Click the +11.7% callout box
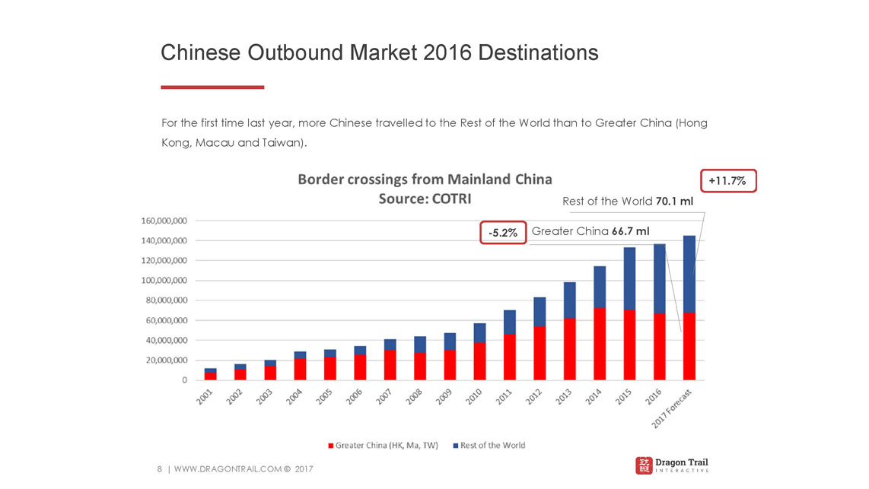coord(728,181)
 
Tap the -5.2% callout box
coord(503,233)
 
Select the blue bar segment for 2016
coord(660,278)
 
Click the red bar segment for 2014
coord(600,344)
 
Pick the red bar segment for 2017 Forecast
coord(689,346)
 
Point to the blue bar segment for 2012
coord(540,312)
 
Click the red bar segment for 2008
coord(419,366)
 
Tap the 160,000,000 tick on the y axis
coord(164,221)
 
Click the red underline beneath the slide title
coord(212,87)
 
